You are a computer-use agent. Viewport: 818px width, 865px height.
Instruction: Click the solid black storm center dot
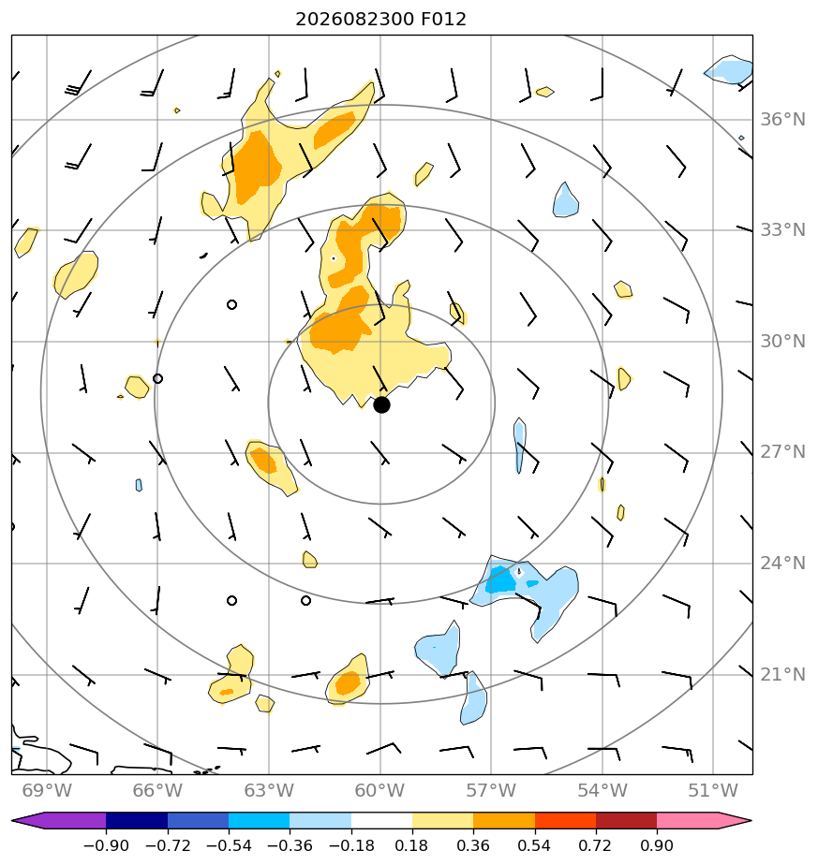tap(381, 405)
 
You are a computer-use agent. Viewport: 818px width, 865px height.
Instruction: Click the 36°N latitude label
tap(782, 120)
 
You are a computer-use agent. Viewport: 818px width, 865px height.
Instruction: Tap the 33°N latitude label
tap(782, 230)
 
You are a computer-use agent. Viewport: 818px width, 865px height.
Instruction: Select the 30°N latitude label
tap(782, 342)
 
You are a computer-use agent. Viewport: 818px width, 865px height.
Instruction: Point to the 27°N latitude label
tap(782, 452)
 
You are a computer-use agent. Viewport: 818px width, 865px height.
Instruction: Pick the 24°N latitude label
tap(782, 564)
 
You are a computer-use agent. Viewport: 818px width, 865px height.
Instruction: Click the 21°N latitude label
tap(782, 675)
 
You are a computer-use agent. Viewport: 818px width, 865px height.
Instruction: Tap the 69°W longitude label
tap(47, 791)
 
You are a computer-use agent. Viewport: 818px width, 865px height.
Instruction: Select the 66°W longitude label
tap(157, 791)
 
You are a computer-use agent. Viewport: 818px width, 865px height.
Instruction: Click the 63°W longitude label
tap(269, 791)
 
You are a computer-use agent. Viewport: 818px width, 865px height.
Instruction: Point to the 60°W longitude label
tap(380, 791)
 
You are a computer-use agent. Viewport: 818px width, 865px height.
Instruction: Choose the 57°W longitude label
tap(491, 791)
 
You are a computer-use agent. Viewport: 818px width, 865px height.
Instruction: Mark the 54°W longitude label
tap(602, 791)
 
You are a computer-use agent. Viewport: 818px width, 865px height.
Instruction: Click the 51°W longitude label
tap(713, 791)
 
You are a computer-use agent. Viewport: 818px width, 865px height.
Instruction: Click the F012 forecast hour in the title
tap(443, 20)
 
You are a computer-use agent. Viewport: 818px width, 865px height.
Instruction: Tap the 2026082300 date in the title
tap(354, 20)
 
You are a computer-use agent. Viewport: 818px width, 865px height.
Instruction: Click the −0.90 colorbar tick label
tap(106, 845)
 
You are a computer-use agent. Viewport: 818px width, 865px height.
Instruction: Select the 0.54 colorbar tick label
tap(534, 845)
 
